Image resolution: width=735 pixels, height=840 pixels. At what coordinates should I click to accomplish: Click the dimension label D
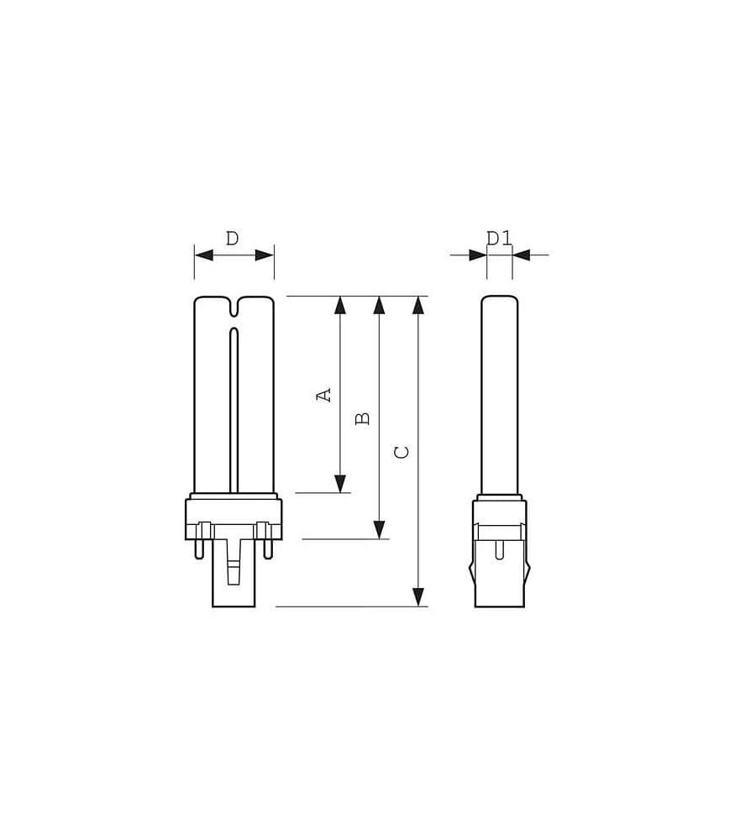point(232,239)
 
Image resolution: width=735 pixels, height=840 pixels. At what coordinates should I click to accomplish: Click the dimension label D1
point(499,239)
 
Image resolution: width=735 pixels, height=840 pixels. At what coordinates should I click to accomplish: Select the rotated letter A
point(324,396)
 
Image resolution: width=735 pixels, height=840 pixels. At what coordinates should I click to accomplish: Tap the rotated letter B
point(363,418)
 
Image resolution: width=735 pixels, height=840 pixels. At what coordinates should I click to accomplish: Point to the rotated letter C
point(402,452)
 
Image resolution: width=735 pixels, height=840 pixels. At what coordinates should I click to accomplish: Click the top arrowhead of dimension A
point(340,306)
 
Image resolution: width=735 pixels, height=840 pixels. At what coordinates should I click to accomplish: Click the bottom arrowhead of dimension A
point(340,483)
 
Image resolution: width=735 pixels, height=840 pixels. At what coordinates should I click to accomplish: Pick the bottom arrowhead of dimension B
point(380,529)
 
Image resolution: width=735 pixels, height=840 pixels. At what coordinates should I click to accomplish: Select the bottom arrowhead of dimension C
point(418,596)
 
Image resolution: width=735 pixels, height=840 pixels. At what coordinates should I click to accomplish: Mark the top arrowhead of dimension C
point(418,306)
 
